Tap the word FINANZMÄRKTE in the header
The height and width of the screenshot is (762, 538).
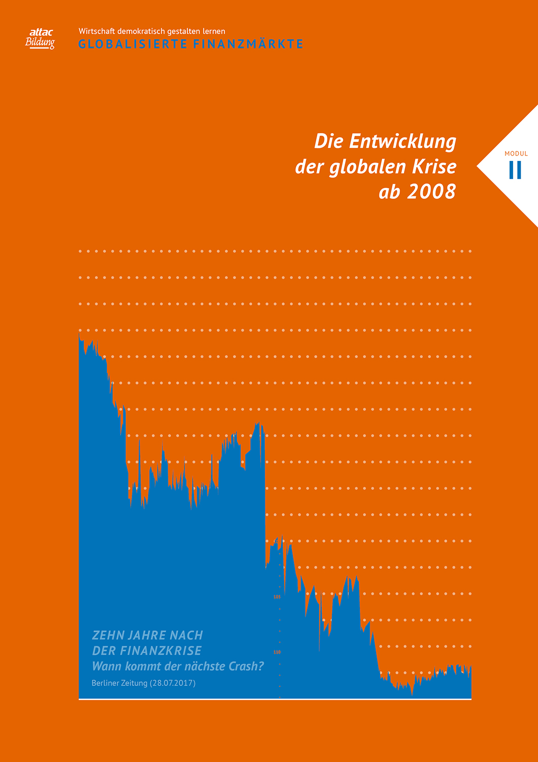point(248,44)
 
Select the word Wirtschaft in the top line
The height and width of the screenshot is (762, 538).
point(96,31)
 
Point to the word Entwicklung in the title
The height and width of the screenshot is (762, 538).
point(402,141)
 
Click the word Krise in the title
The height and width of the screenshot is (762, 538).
point(434,167)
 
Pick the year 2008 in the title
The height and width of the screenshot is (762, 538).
point(431,192)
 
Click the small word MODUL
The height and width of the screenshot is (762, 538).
point(516,153)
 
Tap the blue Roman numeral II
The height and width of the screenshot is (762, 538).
point(515,170)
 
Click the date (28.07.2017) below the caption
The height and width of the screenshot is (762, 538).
point(173,683)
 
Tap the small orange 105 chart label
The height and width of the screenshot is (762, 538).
point(277,597)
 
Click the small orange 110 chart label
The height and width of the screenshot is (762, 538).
point(277,652)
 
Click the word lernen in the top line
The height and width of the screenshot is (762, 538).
point(214,31)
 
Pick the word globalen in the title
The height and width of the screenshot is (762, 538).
point(355,167)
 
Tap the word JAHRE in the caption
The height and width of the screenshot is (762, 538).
point(147,635)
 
